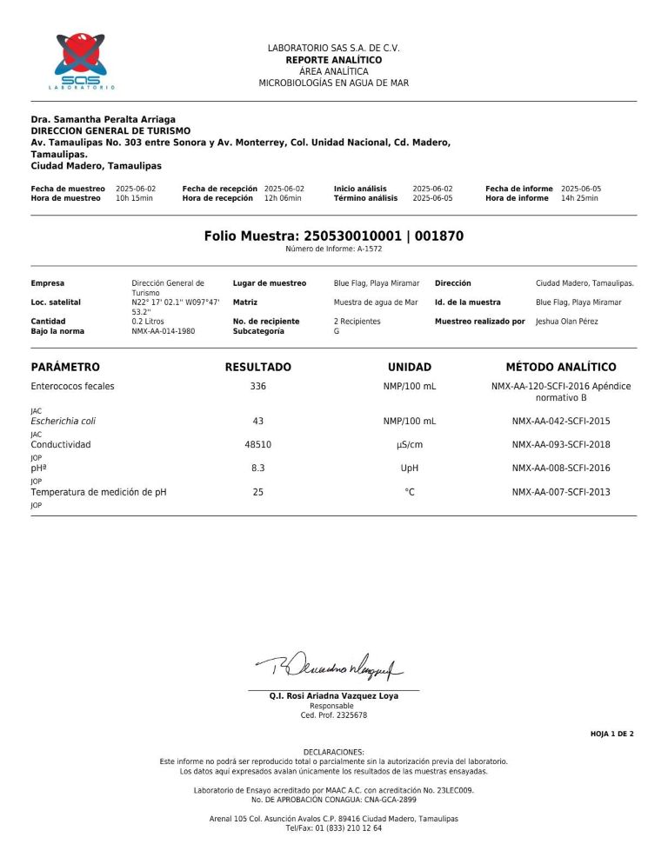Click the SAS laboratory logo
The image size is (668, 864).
click(80, 61)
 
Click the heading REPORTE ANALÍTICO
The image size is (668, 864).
click(333, 60)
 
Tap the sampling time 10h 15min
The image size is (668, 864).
click(134, 198)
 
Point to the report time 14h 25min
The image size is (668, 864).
click(579, 198)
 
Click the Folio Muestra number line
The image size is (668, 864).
click(333, 236)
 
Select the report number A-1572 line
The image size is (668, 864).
click(333, 249)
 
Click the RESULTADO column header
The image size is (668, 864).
click(257, 368)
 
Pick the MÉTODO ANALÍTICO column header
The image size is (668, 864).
click(560, 368)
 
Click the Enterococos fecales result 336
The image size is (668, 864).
click(257, 386)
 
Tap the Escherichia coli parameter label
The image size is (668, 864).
click(63, 421)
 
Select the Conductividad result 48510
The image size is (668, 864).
click(257, 444)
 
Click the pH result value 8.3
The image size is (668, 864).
click(257, 468)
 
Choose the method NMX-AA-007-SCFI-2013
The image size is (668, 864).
click(561, 492)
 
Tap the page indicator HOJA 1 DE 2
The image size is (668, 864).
click(611, 734)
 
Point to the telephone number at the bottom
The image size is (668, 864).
click(333, 828)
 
